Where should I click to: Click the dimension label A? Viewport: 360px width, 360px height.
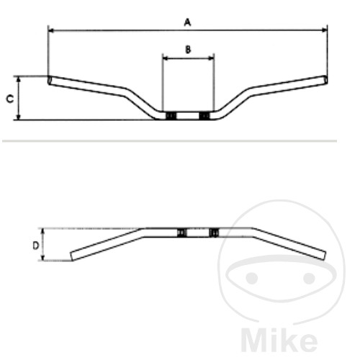pos(187,22)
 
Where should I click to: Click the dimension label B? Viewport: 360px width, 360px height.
pos(188,49)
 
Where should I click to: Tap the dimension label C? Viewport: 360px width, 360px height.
pos(9,98)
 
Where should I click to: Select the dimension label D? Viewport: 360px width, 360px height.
pos(35,245)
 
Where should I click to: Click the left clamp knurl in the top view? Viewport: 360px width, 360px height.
pos(171,116)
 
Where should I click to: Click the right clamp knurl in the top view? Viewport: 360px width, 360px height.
pos(204,116)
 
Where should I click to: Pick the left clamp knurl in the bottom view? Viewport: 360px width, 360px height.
pos(181,232)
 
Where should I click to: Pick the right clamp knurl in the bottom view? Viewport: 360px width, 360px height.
pos(214,232)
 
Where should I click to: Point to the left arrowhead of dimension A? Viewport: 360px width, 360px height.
pos(50,30)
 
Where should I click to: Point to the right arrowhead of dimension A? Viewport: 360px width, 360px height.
pos(325,30)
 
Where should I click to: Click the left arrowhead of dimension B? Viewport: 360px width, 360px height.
pos(165,58)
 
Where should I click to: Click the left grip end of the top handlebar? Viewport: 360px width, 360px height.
pos(50,80)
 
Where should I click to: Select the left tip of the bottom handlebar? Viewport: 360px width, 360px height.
pos(73,256)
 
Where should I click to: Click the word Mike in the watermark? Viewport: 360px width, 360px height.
pos(276,339)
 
